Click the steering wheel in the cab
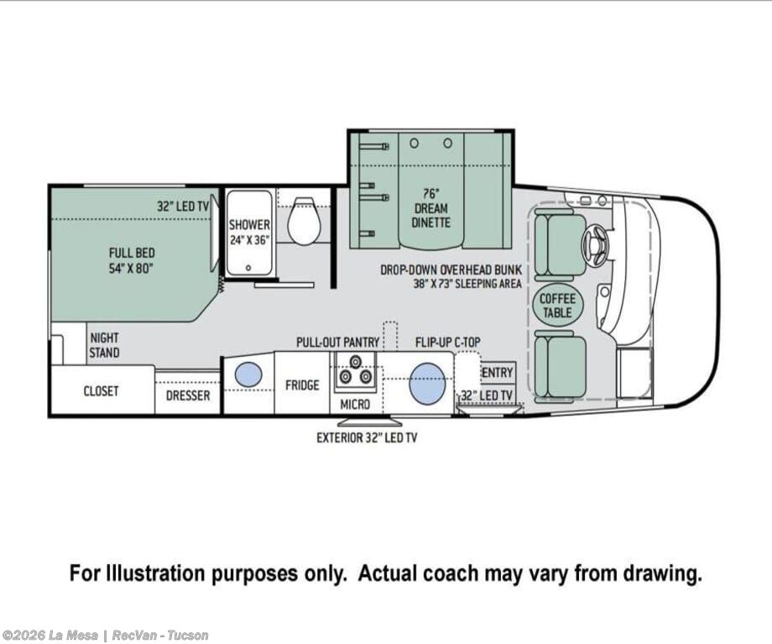point(595,243)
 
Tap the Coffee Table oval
point(558,306)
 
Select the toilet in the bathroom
point(304,221)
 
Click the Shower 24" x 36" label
point(249,233)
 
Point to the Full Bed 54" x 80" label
point(132,260)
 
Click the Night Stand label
point(104,345)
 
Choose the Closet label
point(101,391)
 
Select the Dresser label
point(188,395)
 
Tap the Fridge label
point(302,385)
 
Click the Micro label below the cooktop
point(355,405)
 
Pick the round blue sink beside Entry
point(427,384)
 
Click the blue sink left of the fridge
point(248,374)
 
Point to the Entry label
point(498,373)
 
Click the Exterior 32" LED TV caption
point(367,437)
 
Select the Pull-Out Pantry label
point(337,343)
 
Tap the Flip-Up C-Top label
point(447,343)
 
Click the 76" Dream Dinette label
point(430,208)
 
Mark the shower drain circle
point(248,268)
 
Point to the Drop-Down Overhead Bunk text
point(451,270)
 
